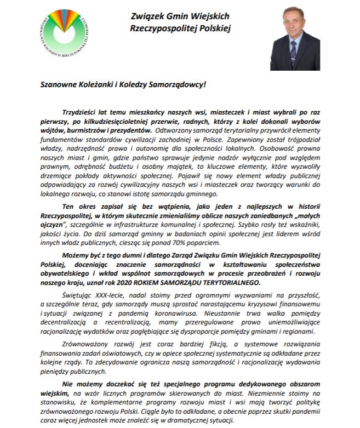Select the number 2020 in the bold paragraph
coord(173,282)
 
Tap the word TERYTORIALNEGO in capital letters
coord(230,282)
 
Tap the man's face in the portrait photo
coord(295,27)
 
